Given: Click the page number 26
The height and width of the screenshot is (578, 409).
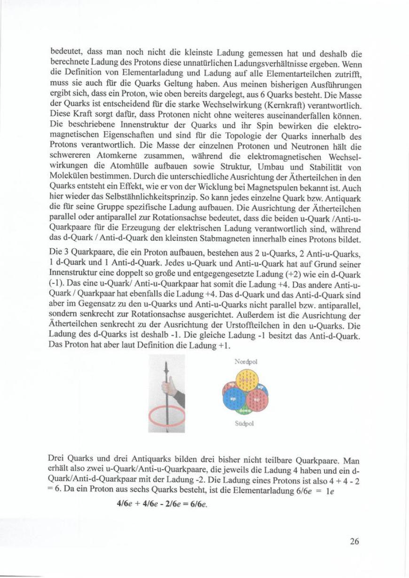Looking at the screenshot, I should point(354,541).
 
